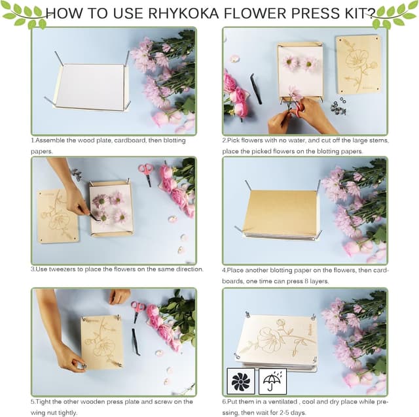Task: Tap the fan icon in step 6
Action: click(x=240, y=380)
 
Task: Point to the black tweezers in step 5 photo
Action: click(x=136, y=341)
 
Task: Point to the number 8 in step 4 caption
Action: click(x=316, y=281)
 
